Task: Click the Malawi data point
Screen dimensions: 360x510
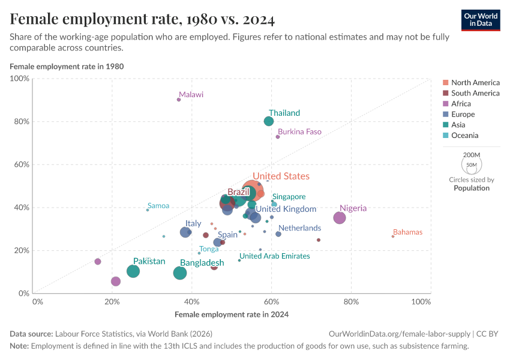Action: point(179,100)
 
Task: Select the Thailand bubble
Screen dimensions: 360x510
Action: point(269,121)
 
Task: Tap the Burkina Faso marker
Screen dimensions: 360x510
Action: point(278,137)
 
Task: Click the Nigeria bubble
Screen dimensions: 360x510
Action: point(340,218)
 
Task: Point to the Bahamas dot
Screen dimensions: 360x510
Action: point(393,236)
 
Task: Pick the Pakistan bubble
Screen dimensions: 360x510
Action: point(133,271)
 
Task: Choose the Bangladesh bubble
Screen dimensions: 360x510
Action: point(180,273)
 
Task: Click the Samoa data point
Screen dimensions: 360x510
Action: point(148,210)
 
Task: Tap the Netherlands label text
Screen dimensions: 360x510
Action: point(299,228)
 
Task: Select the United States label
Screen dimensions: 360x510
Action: point(281,176)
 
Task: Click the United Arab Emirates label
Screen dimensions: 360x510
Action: point(275,256)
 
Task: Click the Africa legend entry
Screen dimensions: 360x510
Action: point(461,104)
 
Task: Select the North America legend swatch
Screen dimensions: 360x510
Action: point(445,83)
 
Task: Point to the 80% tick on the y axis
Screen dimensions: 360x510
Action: point(22,121)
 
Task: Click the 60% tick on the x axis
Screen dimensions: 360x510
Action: point(271,301)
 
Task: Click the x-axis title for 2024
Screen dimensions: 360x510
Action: point(231,314)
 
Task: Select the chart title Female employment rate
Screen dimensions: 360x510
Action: point(142,20)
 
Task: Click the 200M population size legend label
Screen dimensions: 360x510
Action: point(471,154)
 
